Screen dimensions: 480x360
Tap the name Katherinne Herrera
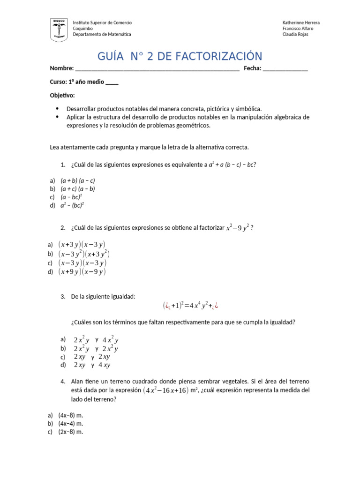(301, 22)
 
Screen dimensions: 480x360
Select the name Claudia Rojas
(296, 34)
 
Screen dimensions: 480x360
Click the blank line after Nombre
(157, 69)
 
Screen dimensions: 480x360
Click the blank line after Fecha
(285, 69)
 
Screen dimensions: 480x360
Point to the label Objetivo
(62, 95)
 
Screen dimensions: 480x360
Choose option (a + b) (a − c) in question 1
(77, 180)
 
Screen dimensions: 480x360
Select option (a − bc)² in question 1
(71, 197)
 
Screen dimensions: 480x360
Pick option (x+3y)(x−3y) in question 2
(82, 244)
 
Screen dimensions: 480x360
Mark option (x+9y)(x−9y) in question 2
(82, 271)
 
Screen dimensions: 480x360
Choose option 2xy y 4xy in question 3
(92, 365)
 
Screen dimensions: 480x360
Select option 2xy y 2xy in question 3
(91, 357)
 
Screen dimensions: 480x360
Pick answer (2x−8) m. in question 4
(70, 432)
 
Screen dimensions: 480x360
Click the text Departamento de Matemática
(102, 34)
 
